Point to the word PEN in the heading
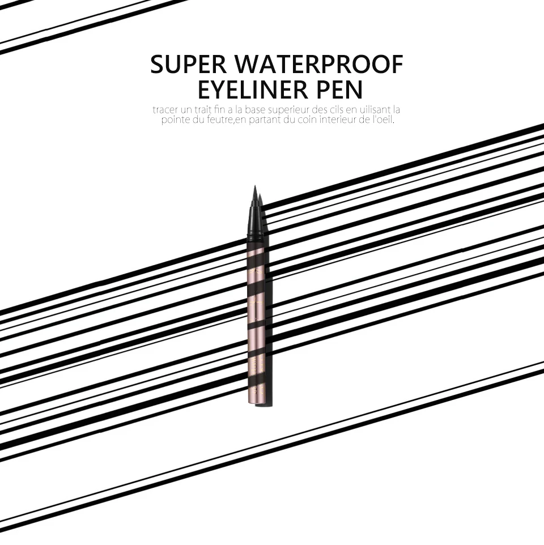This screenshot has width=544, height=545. point(337,90)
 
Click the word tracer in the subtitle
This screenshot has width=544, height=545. point(164,110)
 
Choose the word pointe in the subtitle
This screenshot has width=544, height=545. point(174,120)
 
